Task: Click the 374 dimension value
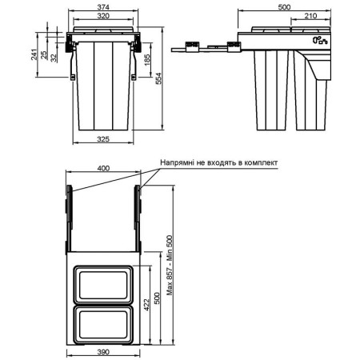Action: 103,7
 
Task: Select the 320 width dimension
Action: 103,16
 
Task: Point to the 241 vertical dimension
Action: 34,54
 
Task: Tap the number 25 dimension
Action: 43,55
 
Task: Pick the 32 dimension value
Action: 54,58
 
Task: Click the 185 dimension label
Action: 146,60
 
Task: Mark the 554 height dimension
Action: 158,78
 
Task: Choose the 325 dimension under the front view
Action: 103,139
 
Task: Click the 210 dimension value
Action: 310,16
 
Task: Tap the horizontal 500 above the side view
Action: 284,7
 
